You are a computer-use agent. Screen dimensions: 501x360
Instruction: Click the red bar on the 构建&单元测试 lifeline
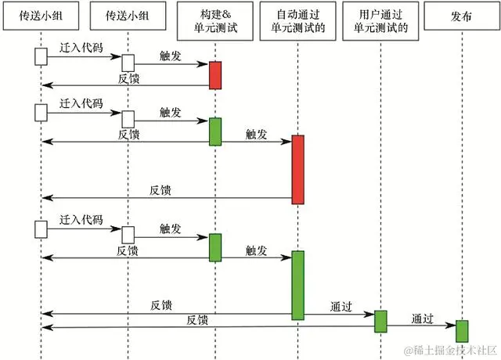tap(214, 75)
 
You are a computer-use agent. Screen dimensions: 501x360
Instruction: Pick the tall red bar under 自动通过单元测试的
tap(298, 169)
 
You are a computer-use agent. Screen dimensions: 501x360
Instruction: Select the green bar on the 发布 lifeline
tap(462, 331)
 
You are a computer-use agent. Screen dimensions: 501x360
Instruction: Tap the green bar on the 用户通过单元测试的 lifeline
tap(380, 321)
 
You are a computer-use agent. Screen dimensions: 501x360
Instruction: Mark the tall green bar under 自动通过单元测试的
tap(298, 285)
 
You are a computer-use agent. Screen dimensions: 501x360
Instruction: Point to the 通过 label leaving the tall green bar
tap(341, 307)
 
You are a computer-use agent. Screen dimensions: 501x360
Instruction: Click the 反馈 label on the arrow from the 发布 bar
tap(197, 319)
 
